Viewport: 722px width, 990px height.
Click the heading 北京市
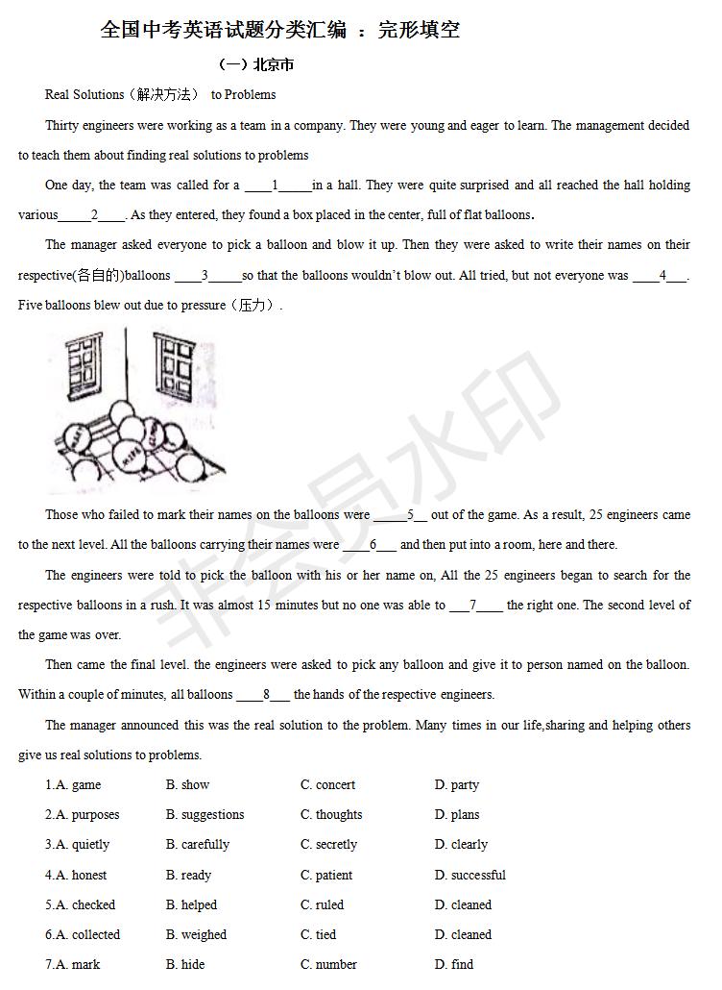[x=273, y=65]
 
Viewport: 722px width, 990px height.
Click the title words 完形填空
[x=420, y=30]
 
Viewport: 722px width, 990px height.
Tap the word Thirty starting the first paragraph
[x=62, y=125]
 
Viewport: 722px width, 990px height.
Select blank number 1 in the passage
[x=276, y=186]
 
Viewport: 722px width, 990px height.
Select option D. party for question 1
[x=457, y=785]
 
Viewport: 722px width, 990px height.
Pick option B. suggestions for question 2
[x=205, y=815]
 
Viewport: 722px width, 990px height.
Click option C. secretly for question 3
[x=328, y=845]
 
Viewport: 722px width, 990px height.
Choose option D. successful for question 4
[x=470, y=876]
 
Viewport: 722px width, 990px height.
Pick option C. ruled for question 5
[x=322, y=905]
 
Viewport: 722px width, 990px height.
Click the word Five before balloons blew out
[x=31, y=306]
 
